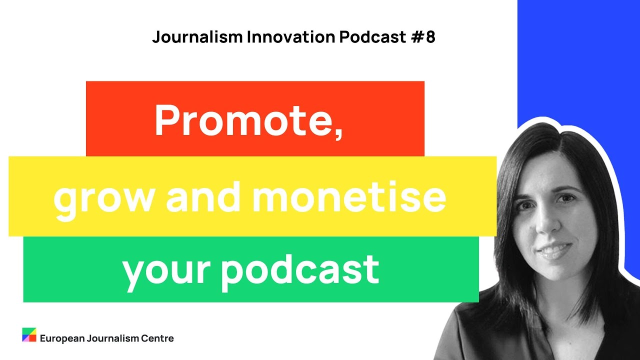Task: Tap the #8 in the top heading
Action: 424,37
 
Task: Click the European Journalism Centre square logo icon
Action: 29,335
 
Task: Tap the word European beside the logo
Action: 62,338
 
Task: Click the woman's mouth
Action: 554,249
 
